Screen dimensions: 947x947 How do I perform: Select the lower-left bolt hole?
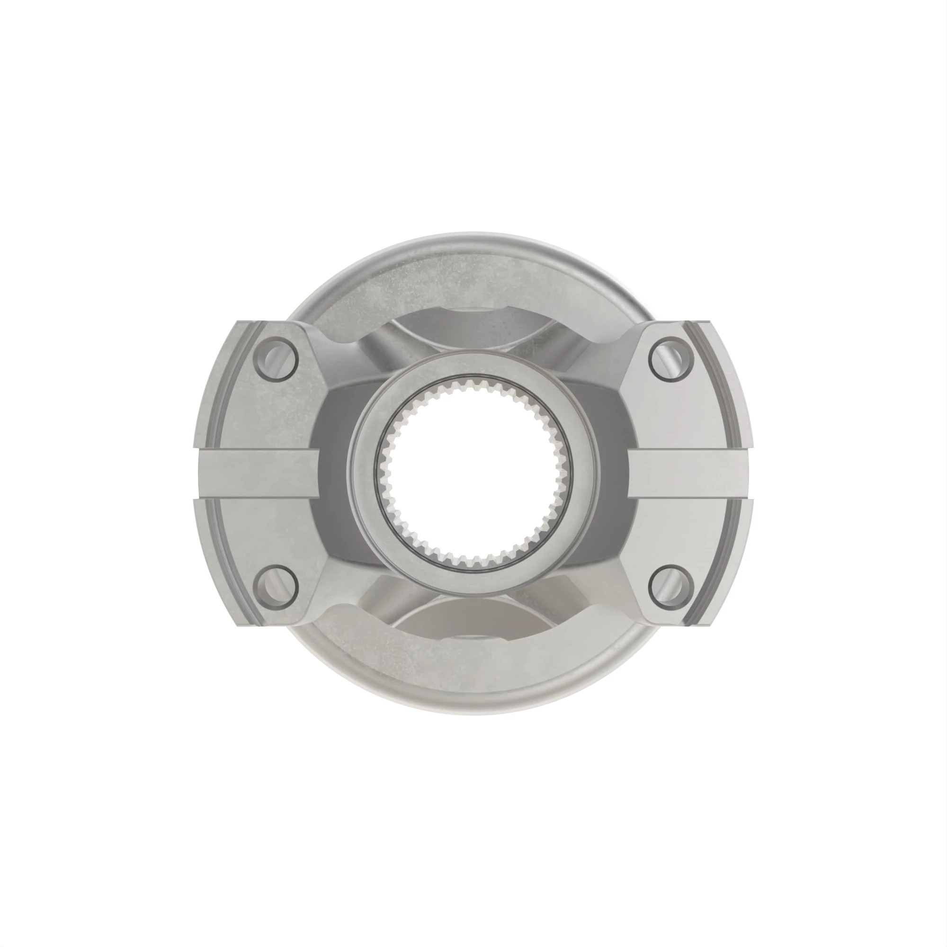coord(276,587)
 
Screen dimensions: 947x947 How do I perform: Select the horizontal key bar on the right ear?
coord(691,473)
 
